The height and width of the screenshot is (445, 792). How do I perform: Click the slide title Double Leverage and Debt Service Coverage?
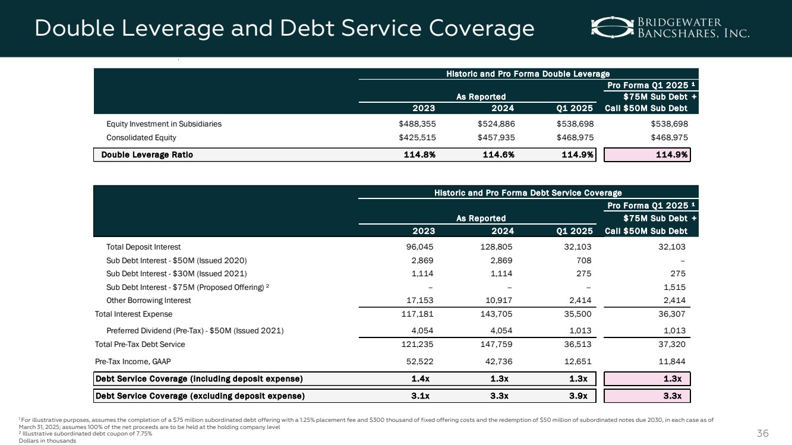click(284, 28)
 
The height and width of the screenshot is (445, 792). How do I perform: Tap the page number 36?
click(763, 433)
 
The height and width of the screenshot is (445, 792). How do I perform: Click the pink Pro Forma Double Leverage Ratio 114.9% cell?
click(647, 154)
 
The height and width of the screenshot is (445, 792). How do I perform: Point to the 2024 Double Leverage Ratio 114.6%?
click(497, 154)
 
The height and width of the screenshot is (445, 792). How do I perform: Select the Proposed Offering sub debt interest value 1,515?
click(675, 287)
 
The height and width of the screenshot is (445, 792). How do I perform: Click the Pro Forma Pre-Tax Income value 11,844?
click(672, 360)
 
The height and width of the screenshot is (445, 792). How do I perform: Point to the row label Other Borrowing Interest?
click(149, 301)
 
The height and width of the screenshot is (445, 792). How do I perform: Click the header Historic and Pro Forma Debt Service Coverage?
click(528, 192)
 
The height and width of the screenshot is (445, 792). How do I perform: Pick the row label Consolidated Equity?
click(141, 137)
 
